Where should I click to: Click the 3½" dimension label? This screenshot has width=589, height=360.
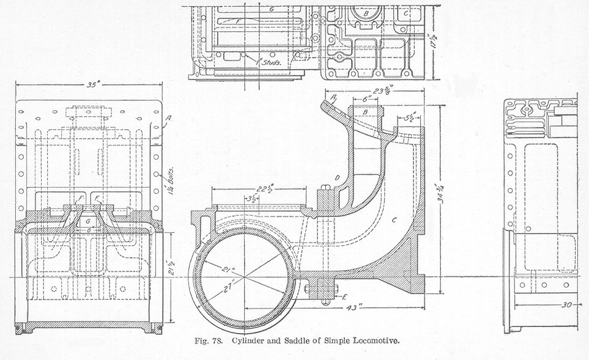click(x=251, y=199)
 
